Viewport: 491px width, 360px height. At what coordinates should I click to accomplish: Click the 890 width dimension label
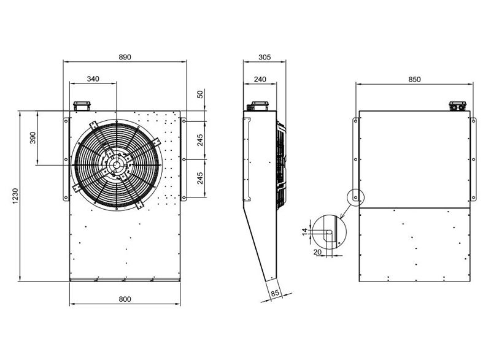[125, 57]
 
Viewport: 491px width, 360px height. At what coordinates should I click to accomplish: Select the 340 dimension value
[93, 79]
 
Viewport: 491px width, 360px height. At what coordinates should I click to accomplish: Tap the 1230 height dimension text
[15, 196]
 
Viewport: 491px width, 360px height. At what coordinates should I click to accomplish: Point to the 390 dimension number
[33, 138]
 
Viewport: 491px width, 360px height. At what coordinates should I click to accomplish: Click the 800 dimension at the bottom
[125, 299]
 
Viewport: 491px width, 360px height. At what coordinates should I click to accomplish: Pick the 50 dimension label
[200, 94]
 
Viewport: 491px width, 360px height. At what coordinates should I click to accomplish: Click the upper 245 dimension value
[200, 140]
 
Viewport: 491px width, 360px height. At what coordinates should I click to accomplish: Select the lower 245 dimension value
[200, 178]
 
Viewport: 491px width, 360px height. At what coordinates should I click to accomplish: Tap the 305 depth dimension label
[265, 57]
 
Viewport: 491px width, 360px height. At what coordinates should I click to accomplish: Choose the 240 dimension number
[260, 80]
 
